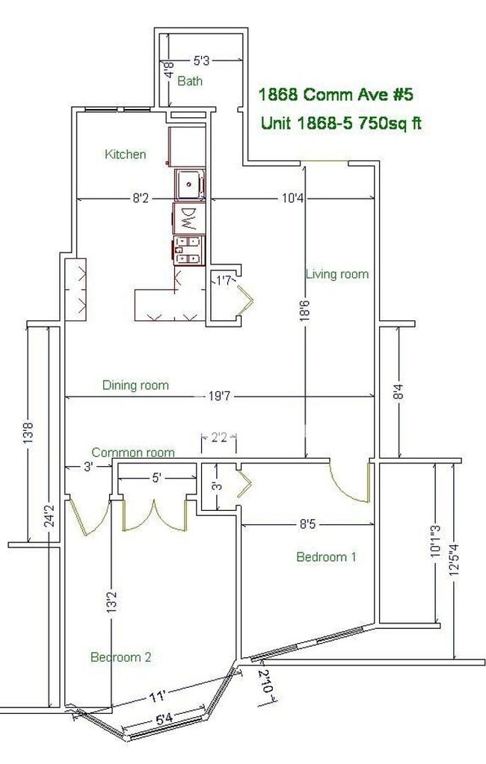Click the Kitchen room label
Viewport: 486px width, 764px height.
[125, 155]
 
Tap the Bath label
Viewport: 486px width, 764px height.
[189, 81]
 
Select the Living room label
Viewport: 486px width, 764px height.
[337, 274]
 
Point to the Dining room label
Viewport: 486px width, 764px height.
[135, 385]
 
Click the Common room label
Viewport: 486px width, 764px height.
[133, 453]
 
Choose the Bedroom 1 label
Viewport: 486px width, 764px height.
[326, 556]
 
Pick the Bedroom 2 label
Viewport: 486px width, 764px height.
[121, 657]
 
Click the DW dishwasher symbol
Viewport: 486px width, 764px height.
[188, 218]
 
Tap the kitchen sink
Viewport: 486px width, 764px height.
[189, 181]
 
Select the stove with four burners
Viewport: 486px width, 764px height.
[189, 249]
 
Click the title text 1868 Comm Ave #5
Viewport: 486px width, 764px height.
[336, 95]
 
